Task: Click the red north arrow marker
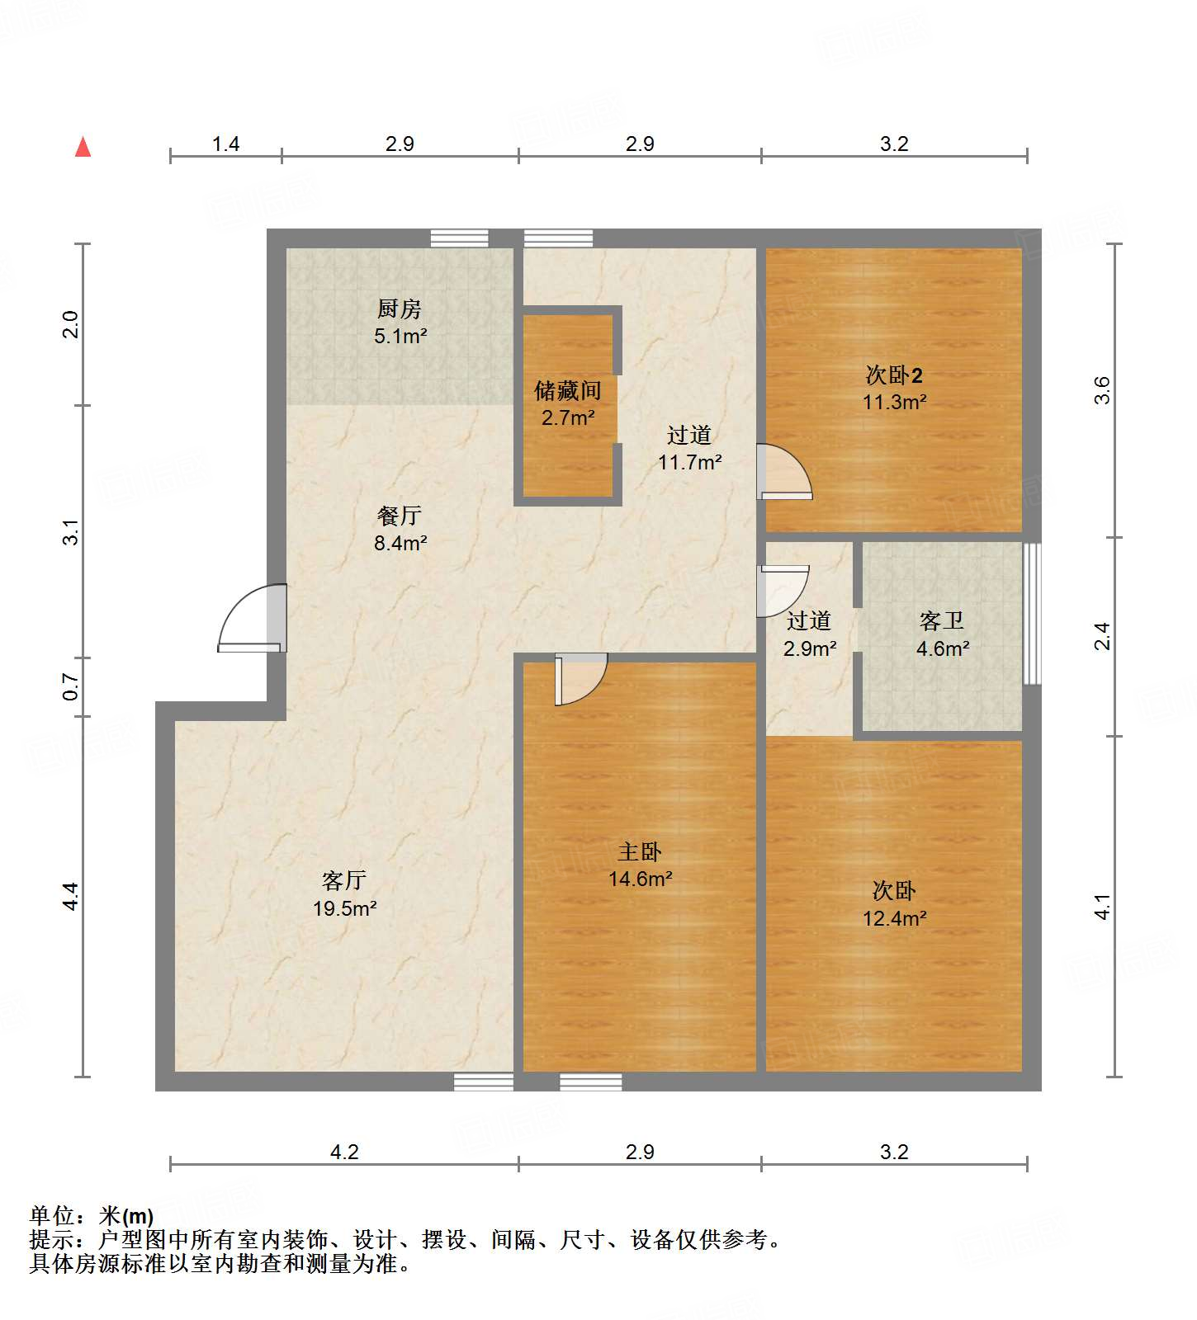tap(83, 148)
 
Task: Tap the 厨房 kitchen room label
tap(400, 322)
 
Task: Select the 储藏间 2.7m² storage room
tap(568, 403)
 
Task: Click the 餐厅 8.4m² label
tap(400, 529)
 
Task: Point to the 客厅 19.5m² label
tap(344, 894)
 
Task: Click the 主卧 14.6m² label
tap(640, 865)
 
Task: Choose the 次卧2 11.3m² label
tap(894, 388)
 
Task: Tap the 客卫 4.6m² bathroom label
tap(942, 634)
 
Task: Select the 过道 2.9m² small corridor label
tap(809, 634)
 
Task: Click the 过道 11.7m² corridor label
tap(689, 448)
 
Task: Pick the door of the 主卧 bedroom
tap(580, 678)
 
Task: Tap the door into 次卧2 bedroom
tap(784, 473)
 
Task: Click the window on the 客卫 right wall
tap(1032, 613)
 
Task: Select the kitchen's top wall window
tap(460, 238)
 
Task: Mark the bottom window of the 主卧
tap(591, 1082)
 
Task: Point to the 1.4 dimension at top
tap(225, 144)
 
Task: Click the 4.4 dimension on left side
tap(71, 896)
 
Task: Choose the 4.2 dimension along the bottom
tap(344, 1152)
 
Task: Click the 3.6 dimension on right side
tap(1103, 389)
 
